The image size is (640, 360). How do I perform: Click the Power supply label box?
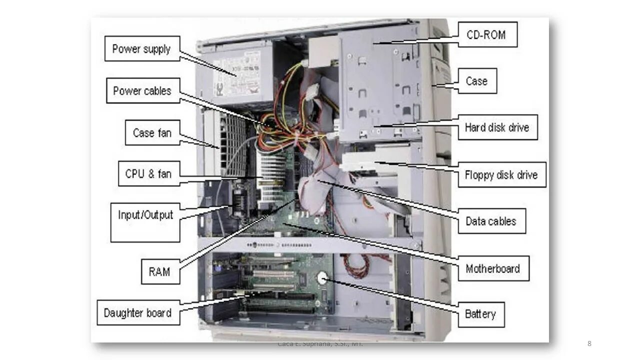point(142,48)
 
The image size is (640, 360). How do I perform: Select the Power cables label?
point(142,91)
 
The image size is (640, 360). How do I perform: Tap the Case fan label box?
point(152,133)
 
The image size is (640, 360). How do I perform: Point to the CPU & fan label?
point(148,173)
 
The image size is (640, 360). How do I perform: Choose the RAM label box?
point(160,271)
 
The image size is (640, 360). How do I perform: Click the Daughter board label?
point(138,313)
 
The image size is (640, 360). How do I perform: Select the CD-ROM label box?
point(485,35)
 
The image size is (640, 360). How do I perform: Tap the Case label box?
point(476,81)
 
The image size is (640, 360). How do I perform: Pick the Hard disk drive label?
point(497,127)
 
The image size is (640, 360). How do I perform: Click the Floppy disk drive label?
point(501,174)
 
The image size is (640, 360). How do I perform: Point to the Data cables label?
point(491,220)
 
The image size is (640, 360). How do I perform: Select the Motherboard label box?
point(493,268)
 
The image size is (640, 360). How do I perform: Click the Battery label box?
point(480,314)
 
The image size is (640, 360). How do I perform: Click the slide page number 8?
point(589,343)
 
